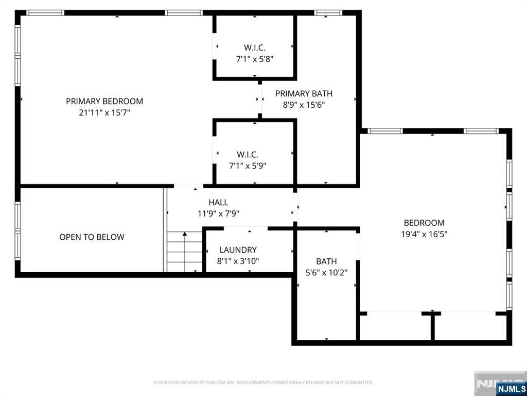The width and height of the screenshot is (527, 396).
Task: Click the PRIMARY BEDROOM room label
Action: coord(104,101)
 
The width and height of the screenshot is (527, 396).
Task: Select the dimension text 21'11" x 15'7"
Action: coord(104,112)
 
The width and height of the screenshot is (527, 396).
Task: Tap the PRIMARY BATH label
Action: coord(304,93)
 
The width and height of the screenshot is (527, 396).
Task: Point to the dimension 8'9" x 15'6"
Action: coord(304,105)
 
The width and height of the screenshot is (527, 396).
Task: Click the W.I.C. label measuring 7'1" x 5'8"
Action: coord(255,47)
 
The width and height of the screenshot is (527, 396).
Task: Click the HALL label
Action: coord(218,203)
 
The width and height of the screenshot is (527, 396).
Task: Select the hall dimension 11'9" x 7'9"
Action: coord(218,213)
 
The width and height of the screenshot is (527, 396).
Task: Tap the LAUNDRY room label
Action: coord(238,250)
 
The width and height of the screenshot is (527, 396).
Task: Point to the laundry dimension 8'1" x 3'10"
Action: coord(238,261)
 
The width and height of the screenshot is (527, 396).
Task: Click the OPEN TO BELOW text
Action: coord(92,237)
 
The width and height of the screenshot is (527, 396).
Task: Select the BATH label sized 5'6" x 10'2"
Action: coord(326,261)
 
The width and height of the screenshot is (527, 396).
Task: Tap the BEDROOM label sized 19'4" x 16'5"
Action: coord(424,223)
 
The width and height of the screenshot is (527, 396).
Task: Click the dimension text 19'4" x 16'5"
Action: coord(424,234)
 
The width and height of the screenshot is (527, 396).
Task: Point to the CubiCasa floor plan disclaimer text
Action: coord(263,383)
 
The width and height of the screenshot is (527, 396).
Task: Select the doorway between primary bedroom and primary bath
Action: coord(260,98)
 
